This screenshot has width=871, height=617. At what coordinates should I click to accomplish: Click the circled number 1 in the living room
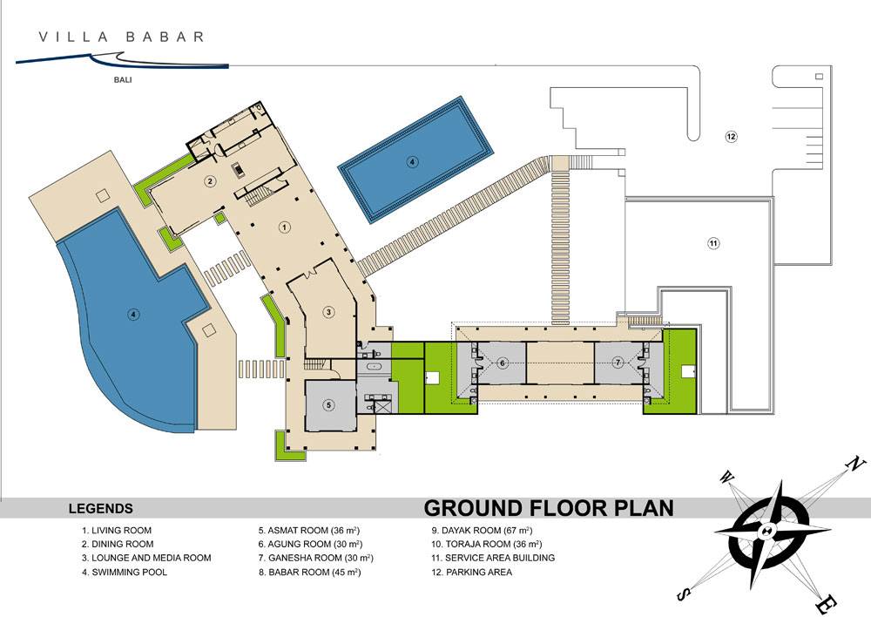point(285,227)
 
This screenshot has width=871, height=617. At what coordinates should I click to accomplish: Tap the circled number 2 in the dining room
point(210,180)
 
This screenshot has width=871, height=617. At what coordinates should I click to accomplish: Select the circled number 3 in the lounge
point(329,312)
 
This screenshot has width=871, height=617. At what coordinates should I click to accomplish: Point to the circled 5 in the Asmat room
point(329,404)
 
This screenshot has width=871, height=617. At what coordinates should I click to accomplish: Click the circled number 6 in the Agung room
point(503,363)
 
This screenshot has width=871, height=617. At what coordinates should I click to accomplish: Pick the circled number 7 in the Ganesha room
point(618,363)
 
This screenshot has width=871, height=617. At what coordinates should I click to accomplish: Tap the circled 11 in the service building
point(714,243)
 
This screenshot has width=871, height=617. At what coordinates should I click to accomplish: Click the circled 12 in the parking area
point(731,136)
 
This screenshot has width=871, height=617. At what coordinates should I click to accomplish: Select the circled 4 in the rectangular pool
point(412,162)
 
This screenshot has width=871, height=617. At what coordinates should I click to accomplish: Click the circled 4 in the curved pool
point(132,315)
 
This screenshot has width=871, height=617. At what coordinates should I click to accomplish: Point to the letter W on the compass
point(726,478)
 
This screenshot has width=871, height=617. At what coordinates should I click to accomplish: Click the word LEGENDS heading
point(100,509)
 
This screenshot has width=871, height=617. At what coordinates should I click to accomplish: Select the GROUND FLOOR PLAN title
point(549,508)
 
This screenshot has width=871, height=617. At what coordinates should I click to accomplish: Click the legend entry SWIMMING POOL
point(129,572)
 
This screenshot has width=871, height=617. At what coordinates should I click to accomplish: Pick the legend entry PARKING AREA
point(479,572)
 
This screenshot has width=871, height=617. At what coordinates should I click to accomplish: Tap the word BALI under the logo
point(123,80)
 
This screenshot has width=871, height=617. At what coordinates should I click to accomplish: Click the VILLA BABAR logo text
point(121,37)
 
